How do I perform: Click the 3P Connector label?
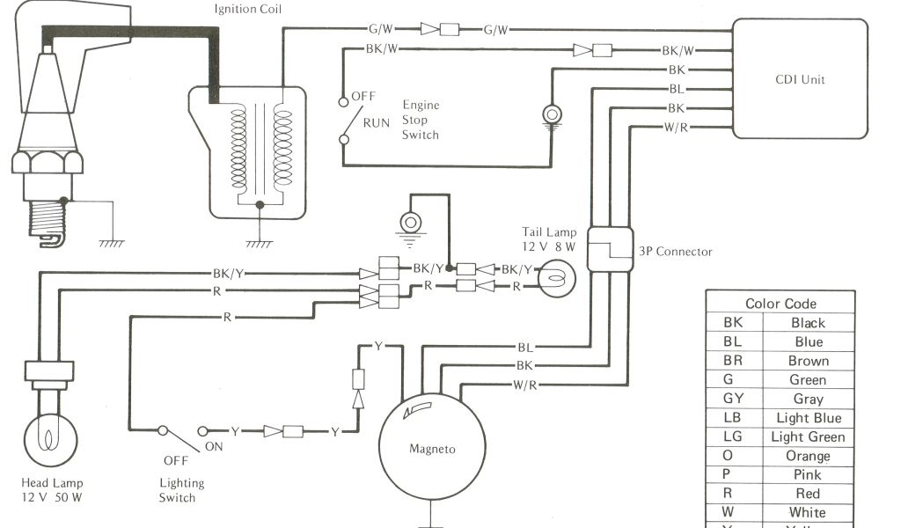pos(676,251)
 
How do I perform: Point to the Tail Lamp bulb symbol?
pos(552,278)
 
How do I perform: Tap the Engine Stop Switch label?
pos(421,120)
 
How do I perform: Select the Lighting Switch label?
pos(181,490)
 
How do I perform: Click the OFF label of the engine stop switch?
pos(363,95)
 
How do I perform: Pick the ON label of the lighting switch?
pos(215,446)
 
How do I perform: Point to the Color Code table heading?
pos(780,304)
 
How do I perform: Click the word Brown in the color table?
pos(808,361)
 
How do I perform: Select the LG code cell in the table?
pos(733,436)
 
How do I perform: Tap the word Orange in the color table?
pos(808,456)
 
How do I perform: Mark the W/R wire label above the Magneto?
pos(525,385)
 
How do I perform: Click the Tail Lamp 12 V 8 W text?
pos(548,240)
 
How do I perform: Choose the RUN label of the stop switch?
pos(376,122)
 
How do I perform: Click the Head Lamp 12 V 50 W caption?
pos(53,490)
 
